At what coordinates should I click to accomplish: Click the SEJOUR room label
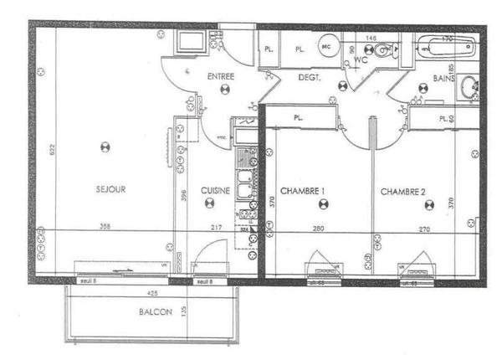pos(110,190)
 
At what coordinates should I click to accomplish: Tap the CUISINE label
pos(216,191)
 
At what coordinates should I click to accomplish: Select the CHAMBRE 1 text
pos(302,192)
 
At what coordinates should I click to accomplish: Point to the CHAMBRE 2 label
pos(403,192)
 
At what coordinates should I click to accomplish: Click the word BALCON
pos(156,311)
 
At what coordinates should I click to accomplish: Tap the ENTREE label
pos(220,77)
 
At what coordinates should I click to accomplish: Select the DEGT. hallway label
pos(310,78)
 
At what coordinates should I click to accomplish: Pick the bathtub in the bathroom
pos(447,49)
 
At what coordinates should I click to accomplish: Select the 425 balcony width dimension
pos(151,294)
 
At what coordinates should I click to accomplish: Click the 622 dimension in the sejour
pos(50,150)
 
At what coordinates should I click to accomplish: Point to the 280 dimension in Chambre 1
pos(319,227)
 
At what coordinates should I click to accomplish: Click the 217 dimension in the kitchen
pos(217,227)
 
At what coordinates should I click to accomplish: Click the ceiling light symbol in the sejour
pos(105,147)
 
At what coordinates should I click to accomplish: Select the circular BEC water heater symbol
pos(328,49)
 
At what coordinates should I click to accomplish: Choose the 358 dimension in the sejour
pos(105,227)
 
